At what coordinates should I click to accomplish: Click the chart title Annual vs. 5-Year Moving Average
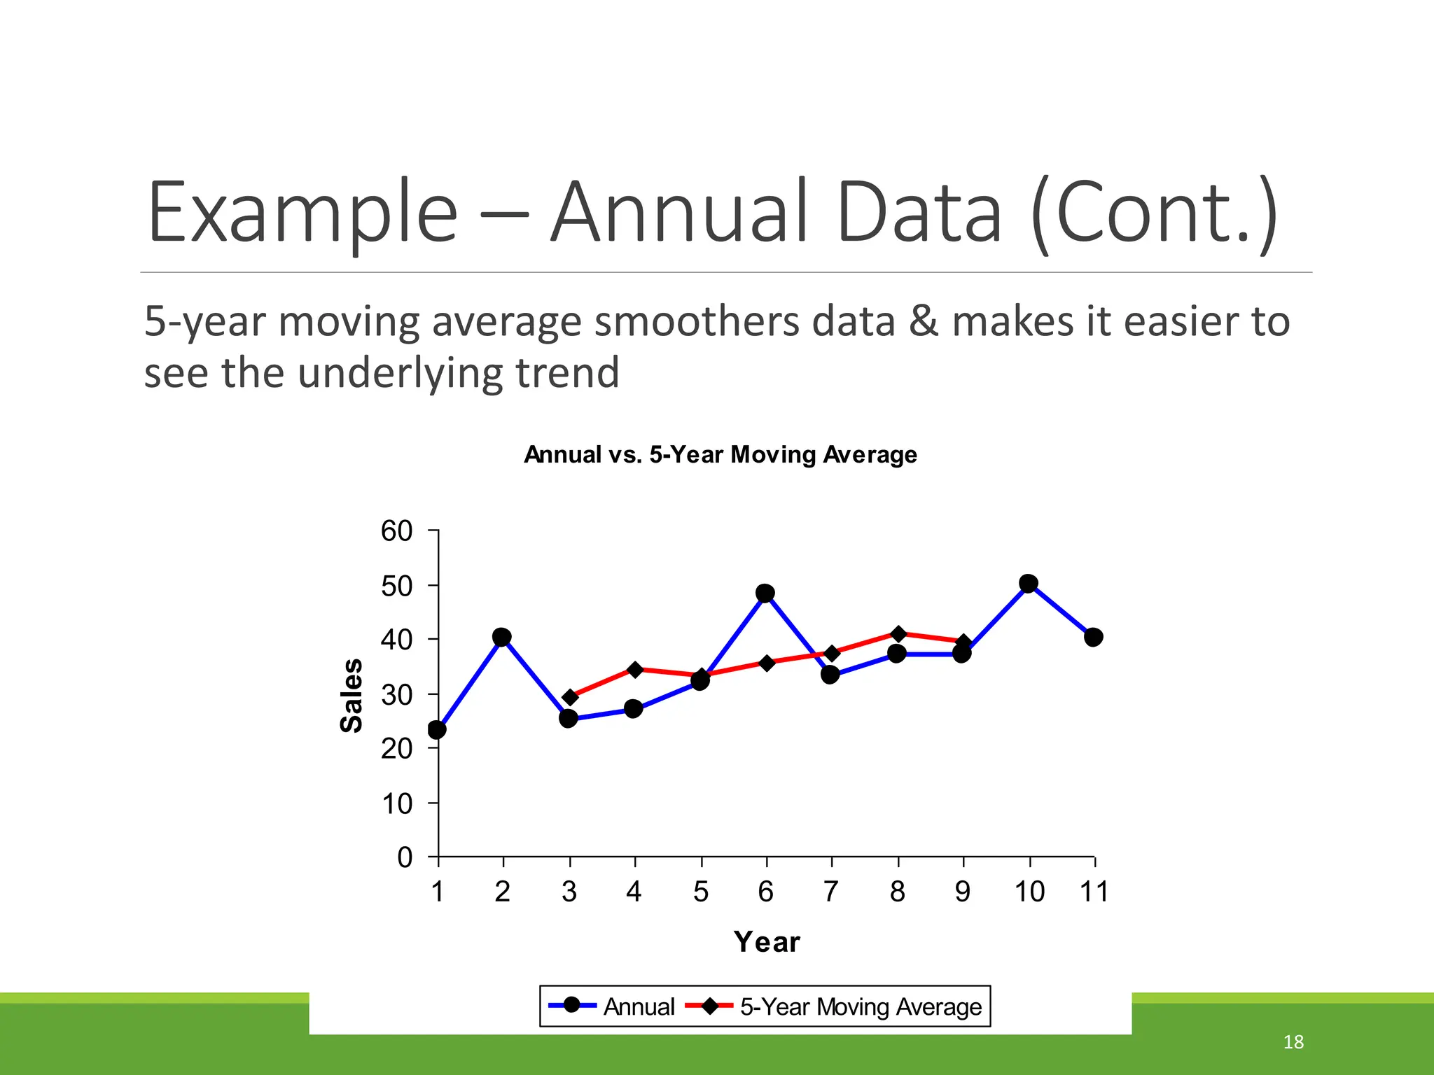tap(720, 455)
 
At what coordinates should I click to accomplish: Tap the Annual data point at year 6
tap(765, 593)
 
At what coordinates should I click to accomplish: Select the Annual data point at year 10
tap(1028, 583)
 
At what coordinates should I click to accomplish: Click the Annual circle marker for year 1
tap(437, 730)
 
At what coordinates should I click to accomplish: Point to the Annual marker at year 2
tap(501, 637)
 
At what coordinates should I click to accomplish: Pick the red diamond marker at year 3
tap(570, 697)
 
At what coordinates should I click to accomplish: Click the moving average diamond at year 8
tap(899, 634)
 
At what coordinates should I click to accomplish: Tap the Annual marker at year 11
tap(1093, 637)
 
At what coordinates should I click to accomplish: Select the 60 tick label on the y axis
tap(396, 531)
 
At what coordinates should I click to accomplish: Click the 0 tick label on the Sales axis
tap(405, 857)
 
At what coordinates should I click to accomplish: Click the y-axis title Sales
tap(351, 695)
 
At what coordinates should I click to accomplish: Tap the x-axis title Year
tap(767, 942)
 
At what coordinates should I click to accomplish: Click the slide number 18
tap(1293, 1042)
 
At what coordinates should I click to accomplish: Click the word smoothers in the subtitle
tap(697, 322)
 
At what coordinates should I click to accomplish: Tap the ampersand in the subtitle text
tap(924, 322)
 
